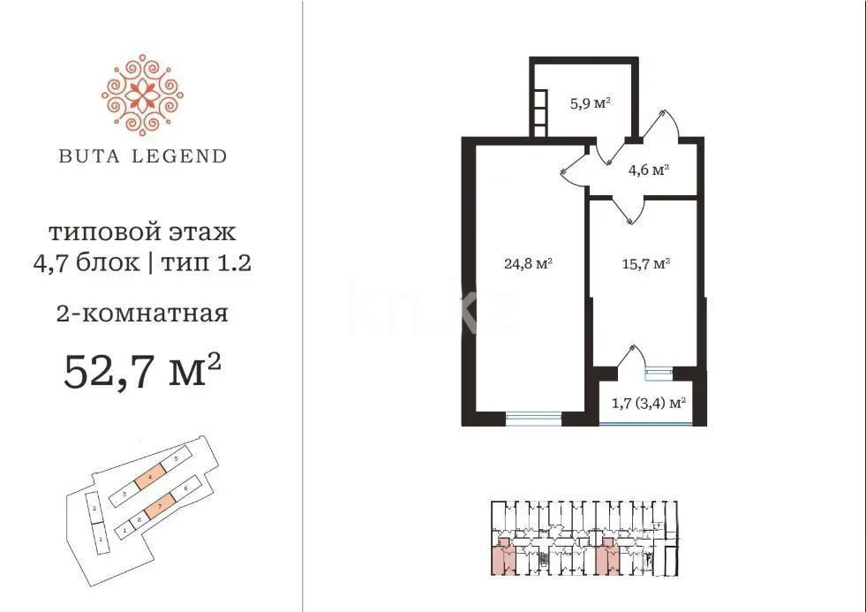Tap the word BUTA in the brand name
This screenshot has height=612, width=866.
coord(86,156)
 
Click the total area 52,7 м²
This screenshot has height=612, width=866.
coord(141,371)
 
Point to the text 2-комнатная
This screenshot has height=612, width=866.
coord(141,314)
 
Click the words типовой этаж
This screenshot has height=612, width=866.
coord(141,233)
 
